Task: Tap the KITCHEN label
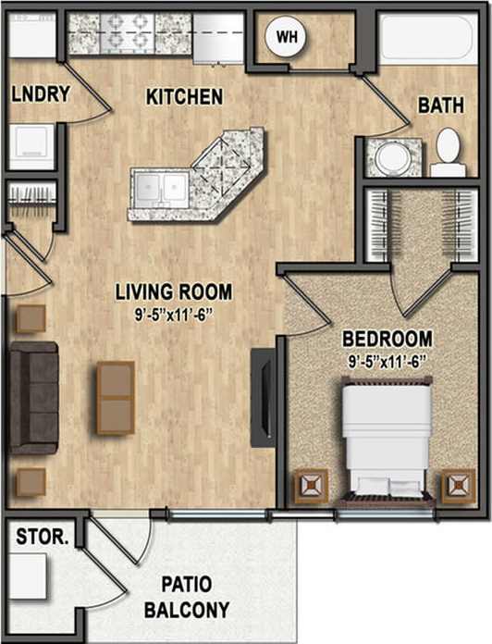click(184, 95)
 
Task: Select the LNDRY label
click(31, 94)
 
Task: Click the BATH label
click(441, 105)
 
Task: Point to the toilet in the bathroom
click(449, 153)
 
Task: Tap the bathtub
click(426, 38)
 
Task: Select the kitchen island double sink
click(160, 189)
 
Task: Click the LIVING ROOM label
click(174, 292)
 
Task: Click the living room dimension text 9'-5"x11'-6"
click(174, 313)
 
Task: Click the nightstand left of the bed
click(312, 487)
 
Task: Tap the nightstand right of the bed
click(458, 487)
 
